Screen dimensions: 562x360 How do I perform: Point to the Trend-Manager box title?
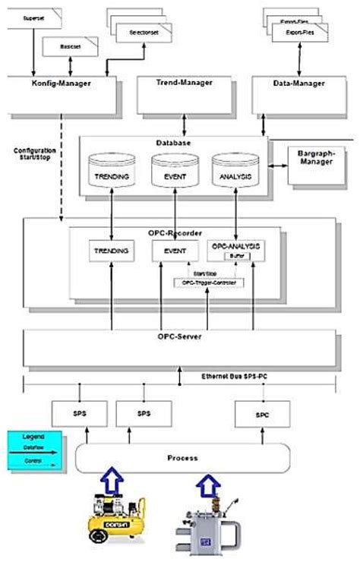[184, 82]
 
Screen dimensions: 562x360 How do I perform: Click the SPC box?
[263, 414]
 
